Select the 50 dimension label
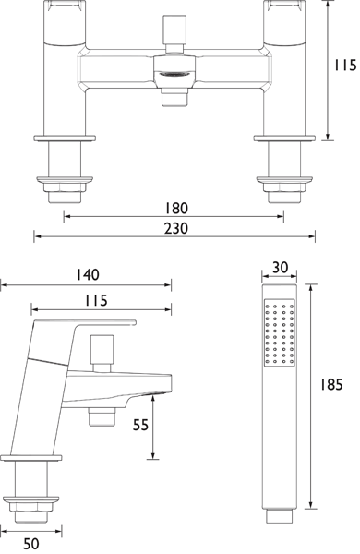point(30,544)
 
